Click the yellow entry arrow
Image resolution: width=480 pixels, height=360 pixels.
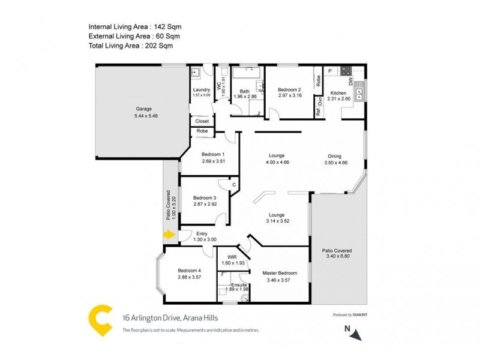pos(169,235)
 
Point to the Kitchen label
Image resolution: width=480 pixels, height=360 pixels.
pos(338,94)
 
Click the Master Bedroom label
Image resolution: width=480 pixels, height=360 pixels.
pos(280,273)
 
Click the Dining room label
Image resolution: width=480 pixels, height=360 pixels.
pos(335,156)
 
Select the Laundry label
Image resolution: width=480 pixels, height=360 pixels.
pos(202,89)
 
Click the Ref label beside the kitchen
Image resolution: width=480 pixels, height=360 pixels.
pos(317,112)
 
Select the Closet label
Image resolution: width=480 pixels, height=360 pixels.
pos(202,121)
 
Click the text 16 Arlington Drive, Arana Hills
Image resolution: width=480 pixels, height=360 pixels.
pos(163,319)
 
